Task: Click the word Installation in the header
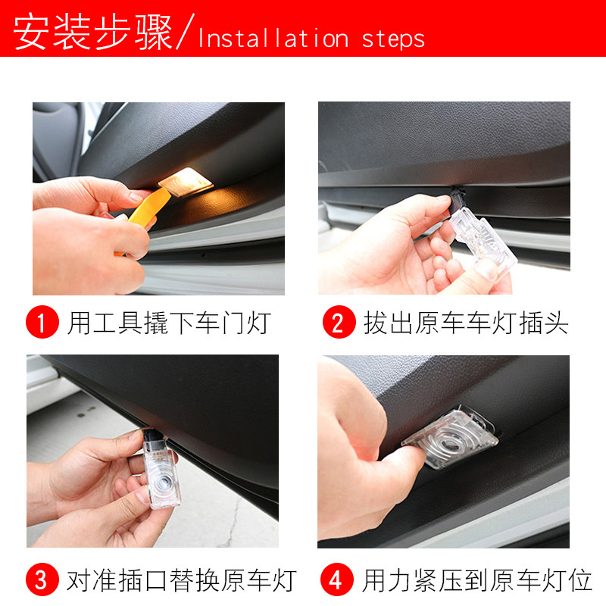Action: click(x=273, y=39)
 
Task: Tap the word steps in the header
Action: click(x=393, y=40)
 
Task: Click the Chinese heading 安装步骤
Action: click(x=92, y=32)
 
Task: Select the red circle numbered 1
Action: click(x=42, y=322)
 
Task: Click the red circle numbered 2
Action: click(x=339, y=322)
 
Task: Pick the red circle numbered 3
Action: click(x=42, y=579)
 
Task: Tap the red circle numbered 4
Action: click(x=336, y=579)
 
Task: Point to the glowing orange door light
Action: click(x=186, y=181)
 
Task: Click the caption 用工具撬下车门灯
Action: click(x=168, y=323)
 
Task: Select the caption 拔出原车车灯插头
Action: click(x=466, y=323)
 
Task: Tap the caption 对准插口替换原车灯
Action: click(x=181, y=580)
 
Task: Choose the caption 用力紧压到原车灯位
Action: click(x=477, y=580)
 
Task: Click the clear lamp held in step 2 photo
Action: click(x=483, y=239)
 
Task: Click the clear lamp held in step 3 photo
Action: click(x=161, y=475)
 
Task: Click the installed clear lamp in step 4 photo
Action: click(x=450, y=438)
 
